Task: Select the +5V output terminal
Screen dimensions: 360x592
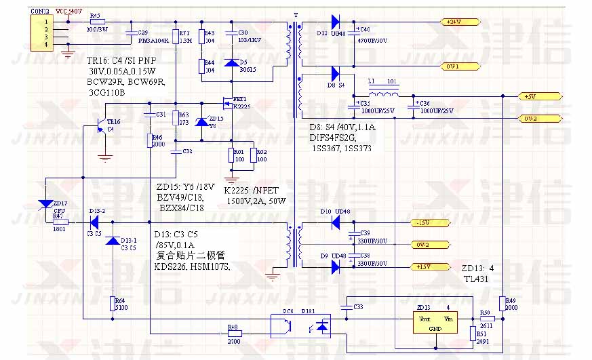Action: tap(530, 97)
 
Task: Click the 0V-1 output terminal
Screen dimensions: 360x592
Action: tap(452, 66)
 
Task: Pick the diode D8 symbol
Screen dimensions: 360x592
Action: tap(335, 73)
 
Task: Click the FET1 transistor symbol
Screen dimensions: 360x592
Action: tap(227, 104)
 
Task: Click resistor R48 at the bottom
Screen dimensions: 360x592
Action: tap(233, 333)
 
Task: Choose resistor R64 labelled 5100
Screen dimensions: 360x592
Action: tap(112, 303)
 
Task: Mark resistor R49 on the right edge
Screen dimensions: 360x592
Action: tap(502, 302)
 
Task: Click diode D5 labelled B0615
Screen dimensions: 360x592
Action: tap(232, 63)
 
